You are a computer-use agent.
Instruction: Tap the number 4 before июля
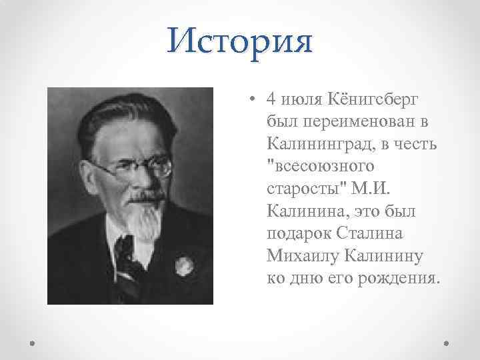click(x=270, y=99)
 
